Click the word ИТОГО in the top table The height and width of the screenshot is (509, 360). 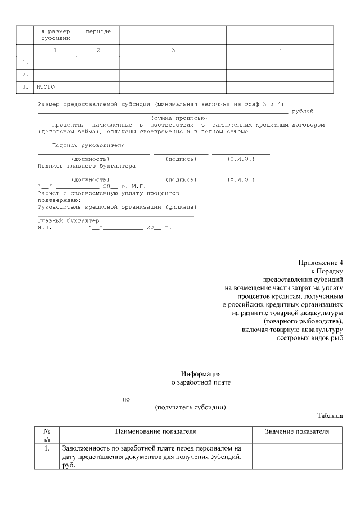[x=46, y=87]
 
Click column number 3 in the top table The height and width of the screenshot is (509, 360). [x=173, y=51]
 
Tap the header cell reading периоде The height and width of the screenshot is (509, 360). [x=98, y=31]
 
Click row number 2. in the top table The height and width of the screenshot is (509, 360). [x=25, y=74]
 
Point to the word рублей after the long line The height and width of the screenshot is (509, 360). [x=303, y=111]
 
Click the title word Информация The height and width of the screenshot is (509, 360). [x=201, y=373]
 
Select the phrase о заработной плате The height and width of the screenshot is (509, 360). [x=201, y=382]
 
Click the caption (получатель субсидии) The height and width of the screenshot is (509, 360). [x=190, y=407]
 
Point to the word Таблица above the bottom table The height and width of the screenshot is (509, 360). [x=330, y=416]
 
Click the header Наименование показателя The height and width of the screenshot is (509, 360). [x=155, y=431]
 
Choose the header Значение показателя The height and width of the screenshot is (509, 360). [x=297, y=431]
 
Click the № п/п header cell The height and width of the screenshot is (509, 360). [x=47, y=435]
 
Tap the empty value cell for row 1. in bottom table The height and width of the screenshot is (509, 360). [x=297, y=456]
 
